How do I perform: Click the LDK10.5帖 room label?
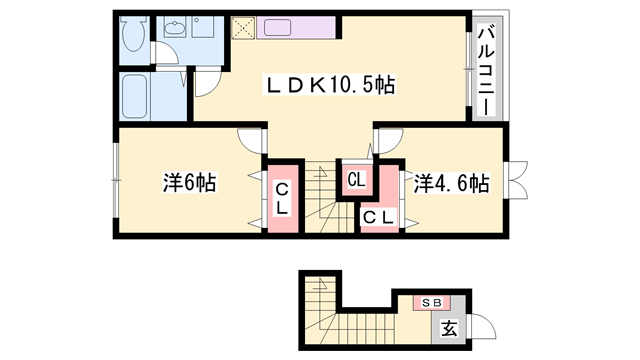click(330, 85)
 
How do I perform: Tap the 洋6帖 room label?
click(190, 182)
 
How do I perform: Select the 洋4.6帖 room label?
click(451, 182)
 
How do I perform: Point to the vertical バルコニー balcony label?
click(486, 71)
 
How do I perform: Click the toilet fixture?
click(133, 34)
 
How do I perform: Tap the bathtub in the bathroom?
click(134, 96)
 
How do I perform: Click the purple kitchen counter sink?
click(277, 28)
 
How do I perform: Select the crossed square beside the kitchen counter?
click(243, 28)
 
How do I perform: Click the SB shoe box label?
click(432, 303)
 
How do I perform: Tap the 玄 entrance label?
click(449, 329)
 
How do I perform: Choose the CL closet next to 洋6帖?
click(282, 198)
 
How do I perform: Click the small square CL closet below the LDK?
click(357, 180)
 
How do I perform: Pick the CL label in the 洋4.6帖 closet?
click(380, 217)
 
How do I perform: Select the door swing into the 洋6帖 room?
click(250, 141)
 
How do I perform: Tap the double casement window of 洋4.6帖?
click(516, 180)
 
